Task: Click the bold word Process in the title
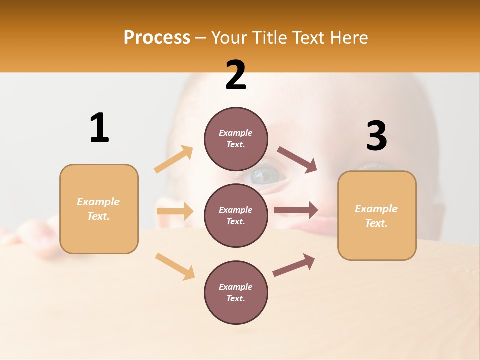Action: click(157, 37)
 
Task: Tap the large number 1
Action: click(99, 128)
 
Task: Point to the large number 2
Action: click(236, 75)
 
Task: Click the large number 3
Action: click(376, 136)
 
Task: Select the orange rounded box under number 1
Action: click(99, 209)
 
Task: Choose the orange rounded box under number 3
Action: click(377, 215)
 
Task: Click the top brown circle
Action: click(236, 139)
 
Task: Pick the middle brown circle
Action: click(236, 215)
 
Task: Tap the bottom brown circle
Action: click(236, 292)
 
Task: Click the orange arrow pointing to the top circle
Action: click(174, 159)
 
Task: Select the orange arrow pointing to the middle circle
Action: click(175, 211)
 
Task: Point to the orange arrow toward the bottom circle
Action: click(175, 266)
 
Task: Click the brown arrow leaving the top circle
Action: click(297, 160)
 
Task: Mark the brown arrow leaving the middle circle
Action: click(296, 210)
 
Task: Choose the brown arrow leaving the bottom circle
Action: click(294, 265)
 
